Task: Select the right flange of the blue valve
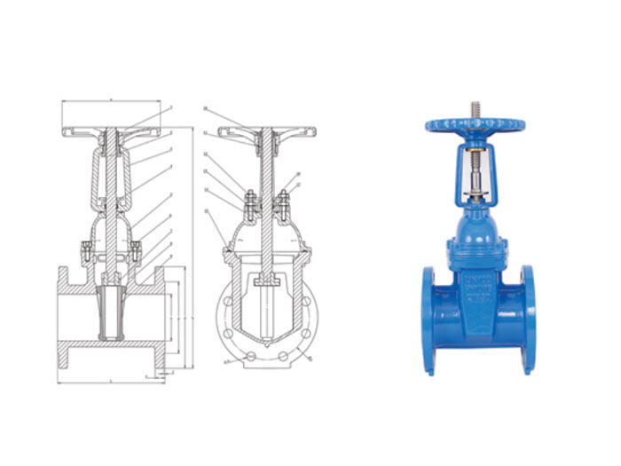click(x=530, y=316)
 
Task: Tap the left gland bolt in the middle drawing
click(x=248, y=203)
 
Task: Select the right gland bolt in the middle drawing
click(x=283, y=203)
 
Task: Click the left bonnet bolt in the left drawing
click(x=87, y=251)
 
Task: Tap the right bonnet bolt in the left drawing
click(x=135, y=251)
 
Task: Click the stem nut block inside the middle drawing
click(x=265, y=282)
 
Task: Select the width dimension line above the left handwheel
click(x=111, y=102)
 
